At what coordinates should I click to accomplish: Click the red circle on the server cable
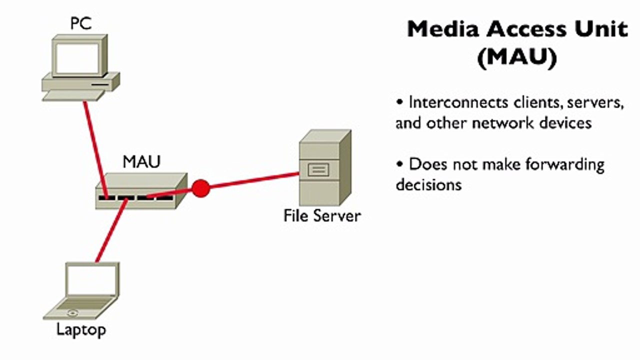(201, 188)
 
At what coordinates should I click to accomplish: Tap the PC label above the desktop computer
(81, 23)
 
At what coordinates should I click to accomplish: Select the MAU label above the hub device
(141, 162)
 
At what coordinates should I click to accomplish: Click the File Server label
(322, 215)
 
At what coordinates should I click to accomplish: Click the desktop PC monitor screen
(77, 58)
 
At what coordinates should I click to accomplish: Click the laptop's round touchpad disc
(72, 313)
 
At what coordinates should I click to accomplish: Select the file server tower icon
(325, 167)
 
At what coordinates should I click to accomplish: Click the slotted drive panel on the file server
(318, 170)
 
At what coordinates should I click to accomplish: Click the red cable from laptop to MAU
(111, 230)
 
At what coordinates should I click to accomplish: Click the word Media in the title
(443, 29)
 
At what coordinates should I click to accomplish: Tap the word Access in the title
(526, 29)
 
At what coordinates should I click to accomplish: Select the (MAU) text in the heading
(517, 57)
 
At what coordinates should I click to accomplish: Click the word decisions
(429, 184)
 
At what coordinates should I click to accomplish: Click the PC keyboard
(73, 95)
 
